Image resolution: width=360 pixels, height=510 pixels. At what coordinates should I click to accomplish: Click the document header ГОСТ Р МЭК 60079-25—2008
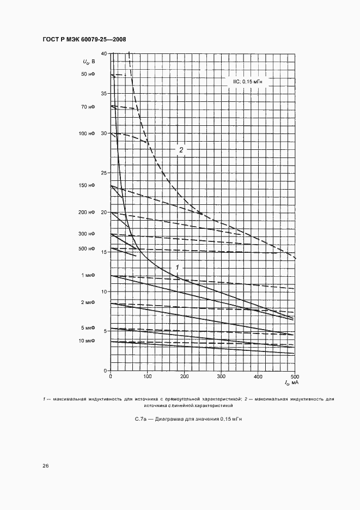point(84,40)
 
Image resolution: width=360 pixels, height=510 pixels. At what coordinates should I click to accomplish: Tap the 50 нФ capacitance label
point(88,74)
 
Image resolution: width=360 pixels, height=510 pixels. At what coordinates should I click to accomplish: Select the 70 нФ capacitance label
point(88,107)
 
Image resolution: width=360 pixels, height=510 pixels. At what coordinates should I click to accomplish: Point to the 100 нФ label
point(87,133)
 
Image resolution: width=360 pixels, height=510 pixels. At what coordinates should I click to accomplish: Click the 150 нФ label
point(87,186)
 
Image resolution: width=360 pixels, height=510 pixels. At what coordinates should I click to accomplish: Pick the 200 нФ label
point(87,212)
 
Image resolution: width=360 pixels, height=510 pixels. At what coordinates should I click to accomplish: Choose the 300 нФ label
point(87,234)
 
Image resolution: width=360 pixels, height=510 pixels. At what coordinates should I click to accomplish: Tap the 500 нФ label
point(87,249)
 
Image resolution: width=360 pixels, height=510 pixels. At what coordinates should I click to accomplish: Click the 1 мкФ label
point(88,276)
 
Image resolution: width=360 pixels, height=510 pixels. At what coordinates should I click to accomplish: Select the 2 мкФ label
point(88,302)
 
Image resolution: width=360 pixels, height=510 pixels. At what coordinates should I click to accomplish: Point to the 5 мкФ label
point(88,329)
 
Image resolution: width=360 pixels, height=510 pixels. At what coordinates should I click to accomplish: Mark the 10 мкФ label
point(87,341)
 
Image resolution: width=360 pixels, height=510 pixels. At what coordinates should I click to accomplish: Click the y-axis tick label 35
point(105,94)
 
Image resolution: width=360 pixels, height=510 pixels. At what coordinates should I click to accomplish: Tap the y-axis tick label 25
point(105,173)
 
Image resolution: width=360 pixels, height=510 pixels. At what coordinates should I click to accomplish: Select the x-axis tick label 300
point(221,377)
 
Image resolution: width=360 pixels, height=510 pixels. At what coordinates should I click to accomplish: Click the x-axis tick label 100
point(148,377)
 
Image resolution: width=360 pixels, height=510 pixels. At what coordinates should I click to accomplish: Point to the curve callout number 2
point(181,149)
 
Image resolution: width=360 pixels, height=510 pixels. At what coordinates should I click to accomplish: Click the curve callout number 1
point(177,266)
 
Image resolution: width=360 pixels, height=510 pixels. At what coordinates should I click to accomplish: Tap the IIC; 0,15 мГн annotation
point(248,81)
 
